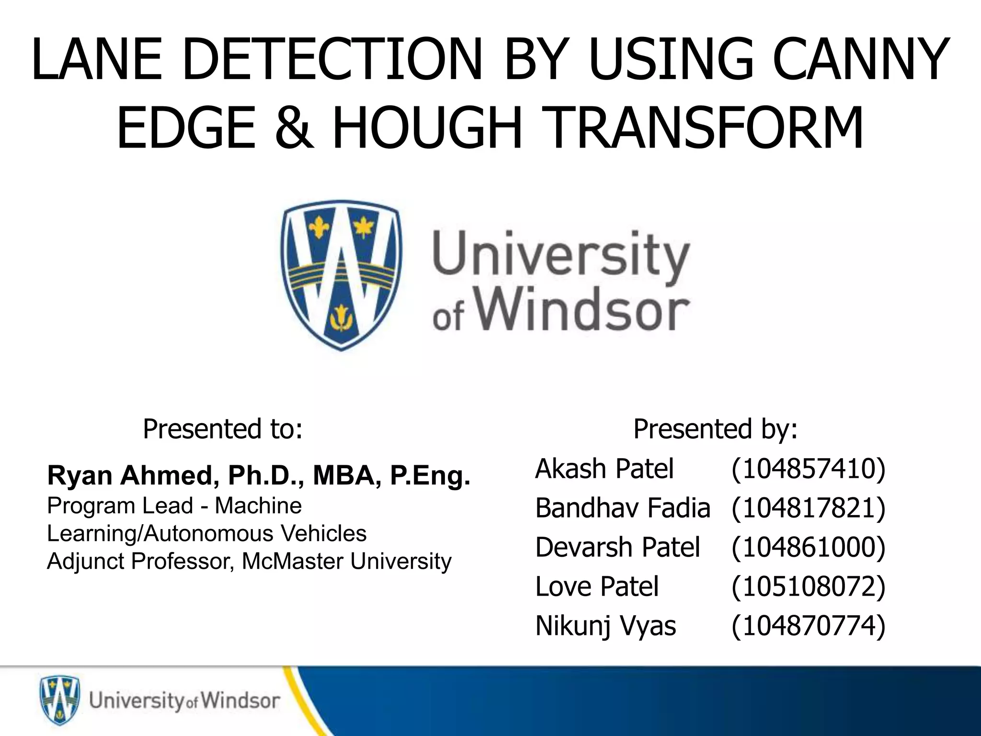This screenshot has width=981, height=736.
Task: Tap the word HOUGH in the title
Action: (x=426, y=128)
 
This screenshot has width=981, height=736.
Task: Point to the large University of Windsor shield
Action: (x=341, y=276)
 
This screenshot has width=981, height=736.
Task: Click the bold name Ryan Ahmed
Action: (x=129, y=475)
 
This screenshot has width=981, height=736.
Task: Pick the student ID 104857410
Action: (x=808, y=469)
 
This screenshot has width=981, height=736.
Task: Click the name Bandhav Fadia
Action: (x=622, y=508)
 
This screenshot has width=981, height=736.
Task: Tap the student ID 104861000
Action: (x=808, y=547)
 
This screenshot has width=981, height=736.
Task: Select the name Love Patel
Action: (x=597, y=586)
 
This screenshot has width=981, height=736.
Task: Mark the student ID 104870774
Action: (x=808, y=626)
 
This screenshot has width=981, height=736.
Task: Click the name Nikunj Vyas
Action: (x=605, y=626)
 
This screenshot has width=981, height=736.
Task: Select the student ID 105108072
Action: (x=808, y=586)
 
